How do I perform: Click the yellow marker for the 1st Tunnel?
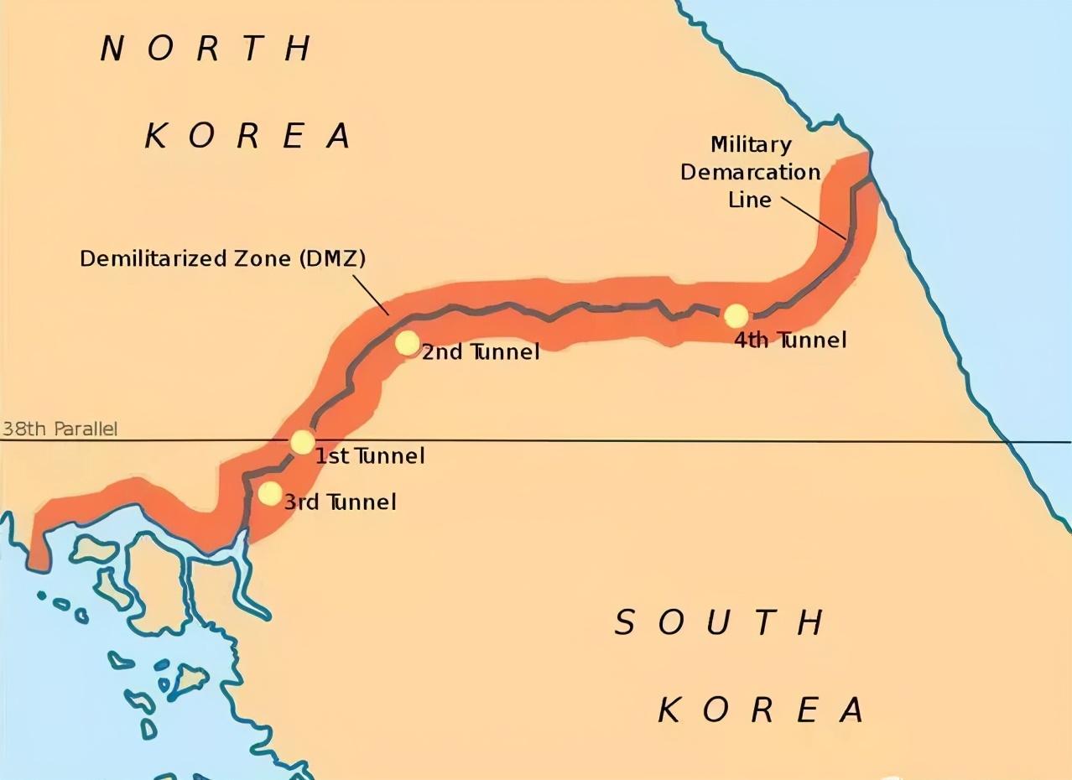click(302, 442)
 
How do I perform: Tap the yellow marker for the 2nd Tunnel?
click(407, 343)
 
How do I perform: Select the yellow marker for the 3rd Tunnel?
click(269, 493)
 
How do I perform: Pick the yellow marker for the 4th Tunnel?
click(736, 316)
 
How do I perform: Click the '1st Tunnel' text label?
click(369, 456)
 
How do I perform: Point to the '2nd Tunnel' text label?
click(480, 352)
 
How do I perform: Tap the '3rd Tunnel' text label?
click(340, 502)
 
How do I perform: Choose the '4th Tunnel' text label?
click(790, 340)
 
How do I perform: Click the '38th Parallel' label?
click(60, 429)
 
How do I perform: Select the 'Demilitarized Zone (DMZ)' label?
click(222, 259)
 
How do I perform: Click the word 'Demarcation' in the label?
click(750, 172)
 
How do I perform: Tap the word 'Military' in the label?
click(751, 144)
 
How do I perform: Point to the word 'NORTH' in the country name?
click(206, 49)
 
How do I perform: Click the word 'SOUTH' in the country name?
click(720, 623)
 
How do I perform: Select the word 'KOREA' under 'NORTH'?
click(247, 136)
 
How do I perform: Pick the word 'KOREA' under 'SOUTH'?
click(760, 710)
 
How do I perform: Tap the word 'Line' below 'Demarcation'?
click(750, 200)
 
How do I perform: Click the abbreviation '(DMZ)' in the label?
click(332, 259)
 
